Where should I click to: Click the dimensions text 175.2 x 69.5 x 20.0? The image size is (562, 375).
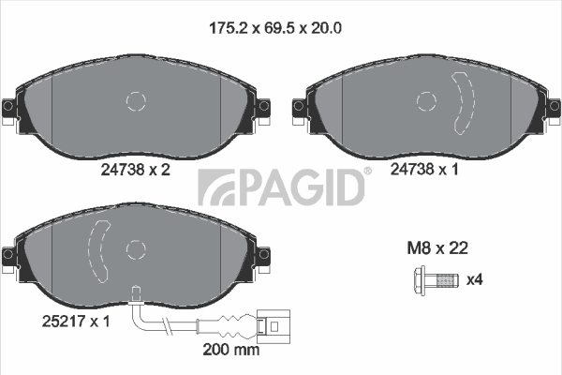pos(274,27)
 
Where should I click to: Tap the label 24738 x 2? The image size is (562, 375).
pos(136,170)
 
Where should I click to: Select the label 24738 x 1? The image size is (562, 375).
pos(424,169)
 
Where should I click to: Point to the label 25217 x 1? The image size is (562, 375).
pos(76,322)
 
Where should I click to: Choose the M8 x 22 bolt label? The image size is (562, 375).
pos(437,247)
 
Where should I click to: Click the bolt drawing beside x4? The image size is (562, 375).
pos(436,280)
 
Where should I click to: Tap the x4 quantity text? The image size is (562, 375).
pos(475,279)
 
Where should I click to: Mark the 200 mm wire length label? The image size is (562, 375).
pos(231,349)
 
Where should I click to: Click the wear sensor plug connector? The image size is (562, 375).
pos(274,326)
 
